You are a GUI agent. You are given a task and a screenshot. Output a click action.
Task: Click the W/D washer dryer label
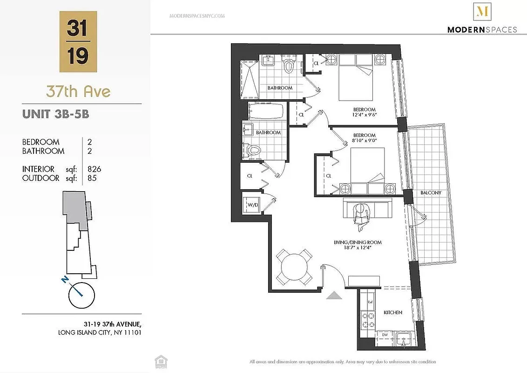pos(253,205)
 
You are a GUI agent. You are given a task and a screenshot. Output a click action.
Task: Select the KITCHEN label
pos(392,312)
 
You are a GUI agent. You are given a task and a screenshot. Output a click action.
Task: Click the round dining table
pos(294,267)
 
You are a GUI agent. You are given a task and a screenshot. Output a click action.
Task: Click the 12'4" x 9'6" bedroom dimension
pos(364,113)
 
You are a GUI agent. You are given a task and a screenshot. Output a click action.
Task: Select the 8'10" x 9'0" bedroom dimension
pos(364,138)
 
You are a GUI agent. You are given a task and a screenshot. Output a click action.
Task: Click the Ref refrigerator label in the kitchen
pos(371,302)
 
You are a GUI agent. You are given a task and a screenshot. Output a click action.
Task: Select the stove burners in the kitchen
pos(367,320)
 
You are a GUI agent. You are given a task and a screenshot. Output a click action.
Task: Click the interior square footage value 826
pos(94,169)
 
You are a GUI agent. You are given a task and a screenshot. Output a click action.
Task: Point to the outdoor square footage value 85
pos(92,178)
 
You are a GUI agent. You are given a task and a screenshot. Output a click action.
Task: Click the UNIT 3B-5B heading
pos(55,114)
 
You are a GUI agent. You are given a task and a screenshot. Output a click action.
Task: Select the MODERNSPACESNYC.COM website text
pos(197,15)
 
